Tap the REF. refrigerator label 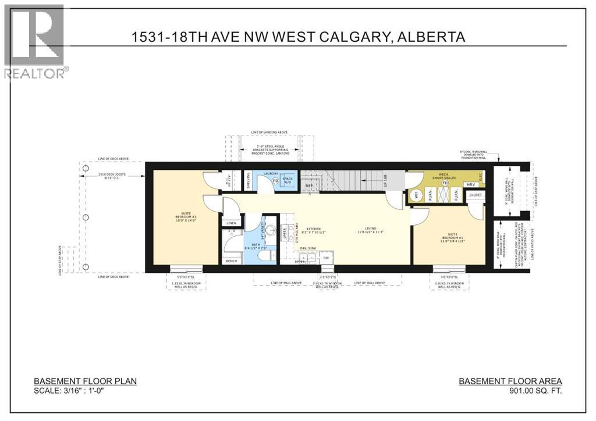pyautogui.click(x=309, y=185)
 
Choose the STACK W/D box pyautogui.click(x=288, y=180)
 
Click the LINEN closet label pyautogui.click(x=231, y=223)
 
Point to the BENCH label pyautogui.click(x=231, y=261)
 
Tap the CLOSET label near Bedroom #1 pyautogui.click(x=475, y=195)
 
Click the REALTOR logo pyautogui.click(x=34, y=41)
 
